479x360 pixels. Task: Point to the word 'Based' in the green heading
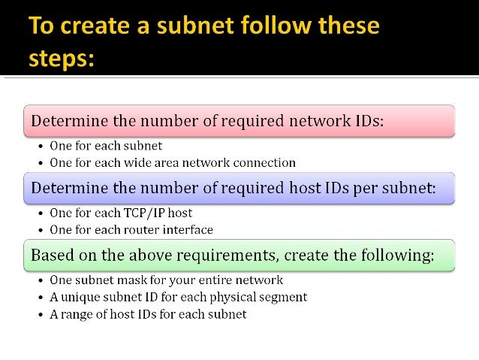[53, 256]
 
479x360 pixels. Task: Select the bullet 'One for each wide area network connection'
[172, 162]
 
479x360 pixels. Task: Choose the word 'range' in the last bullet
[77, 313]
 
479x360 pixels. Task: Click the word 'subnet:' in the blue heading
[407, 188]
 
